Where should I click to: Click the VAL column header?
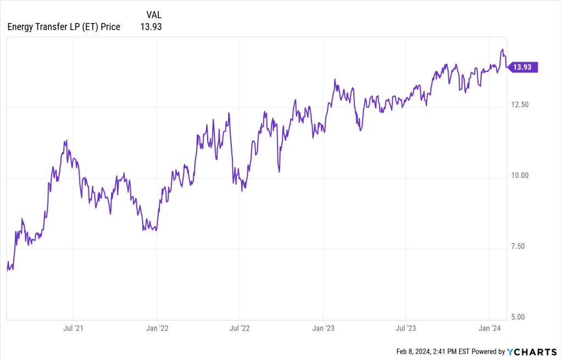click(154, 14)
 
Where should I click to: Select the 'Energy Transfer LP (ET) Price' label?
click(64, 26)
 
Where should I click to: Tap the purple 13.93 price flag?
click(522, 67)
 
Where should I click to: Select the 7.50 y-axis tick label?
click(518, 246)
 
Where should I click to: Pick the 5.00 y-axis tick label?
click(518, 317)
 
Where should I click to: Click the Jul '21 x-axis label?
click(74, 328)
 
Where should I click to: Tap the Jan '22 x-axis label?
click(157, 328)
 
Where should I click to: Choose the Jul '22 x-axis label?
click(240, 328)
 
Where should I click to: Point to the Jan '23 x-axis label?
click(324, 328)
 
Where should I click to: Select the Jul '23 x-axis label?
click(405, 328)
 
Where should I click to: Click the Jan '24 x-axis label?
click(489, 328)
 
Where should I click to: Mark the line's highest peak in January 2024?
click(502, 49)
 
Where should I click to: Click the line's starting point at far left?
click(7, 270)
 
